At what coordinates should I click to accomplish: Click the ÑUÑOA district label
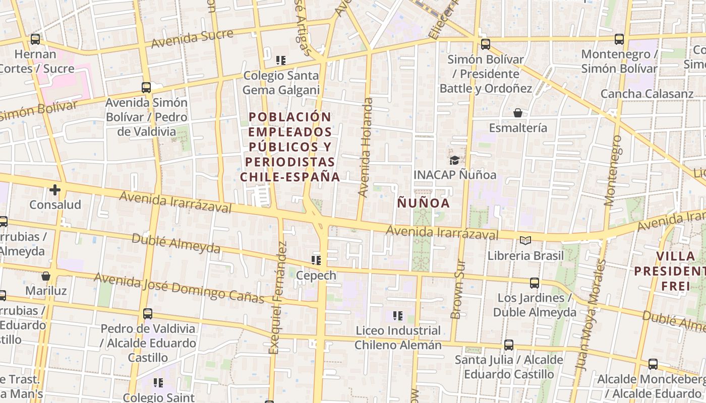pyautogui.click(x=423, y=203)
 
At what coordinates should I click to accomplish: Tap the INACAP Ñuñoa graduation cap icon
pyautogui.click(x=454, y=160)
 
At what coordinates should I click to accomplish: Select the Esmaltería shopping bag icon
pyautogui.click(x=517, y=113)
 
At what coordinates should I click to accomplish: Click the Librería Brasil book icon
pyautogui.click(x=525, y=241)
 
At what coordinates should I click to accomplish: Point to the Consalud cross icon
pyautogui.click(x=55, y=190)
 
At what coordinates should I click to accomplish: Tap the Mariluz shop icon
pyautogui.click(x=46, y=276)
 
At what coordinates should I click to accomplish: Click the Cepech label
pyautogui.click(x=316, y=276)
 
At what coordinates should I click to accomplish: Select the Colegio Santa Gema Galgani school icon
pyautogui.click(x=281, y=60)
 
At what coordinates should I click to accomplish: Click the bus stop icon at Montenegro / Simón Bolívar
pyautogui.click(x=619, y=39)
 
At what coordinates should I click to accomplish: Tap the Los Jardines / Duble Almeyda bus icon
pyautogui.click(x=535, y=283)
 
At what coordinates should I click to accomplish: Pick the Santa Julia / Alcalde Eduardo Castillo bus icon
pyautogui.click(x=509, y=345)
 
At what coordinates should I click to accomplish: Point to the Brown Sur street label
pyautogui.click(x=457, y=289)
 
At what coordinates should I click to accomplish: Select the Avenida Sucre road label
pyautogui.click(x=192, y=38)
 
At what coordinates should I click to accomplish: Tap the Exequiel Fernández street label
pyautogui.click(x=276, y=297)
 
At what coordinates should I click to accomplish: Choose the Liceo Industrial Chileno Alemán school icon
pyautogui.click(x=398, y=316)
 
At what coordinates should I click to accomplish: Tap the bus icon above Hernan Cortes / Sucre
pyautogui.click(x=35, y=39)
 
